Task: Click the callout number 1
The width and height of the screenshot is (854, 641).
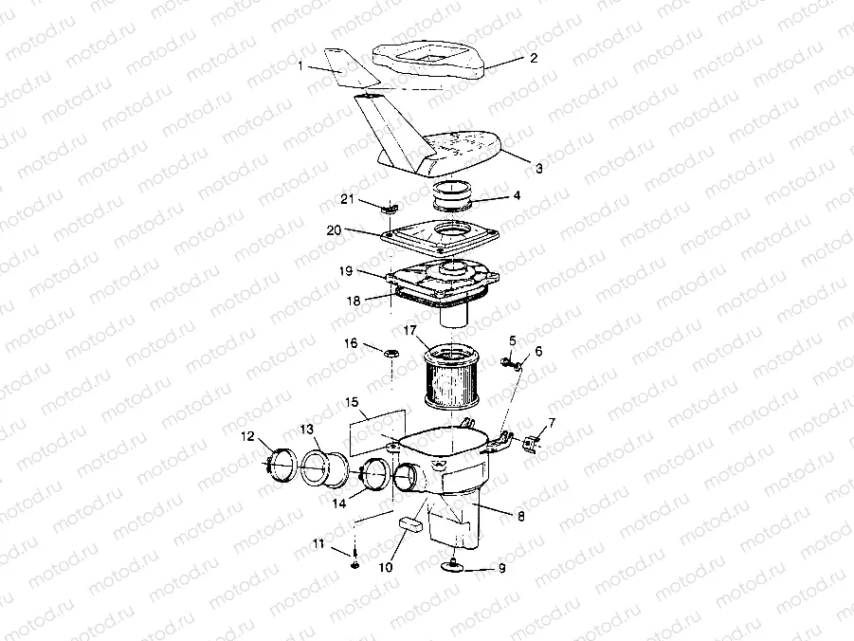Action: pos(300,66)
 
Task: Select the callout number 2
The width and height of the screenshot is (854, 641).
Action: pos(533,58)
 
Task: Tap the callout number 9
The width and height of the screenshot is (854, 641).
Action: pos(501,570)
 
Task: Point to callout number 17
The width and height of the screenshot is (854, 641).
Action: pos(410,331)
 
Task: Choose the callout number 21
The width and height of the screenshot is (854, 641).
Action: pos(348,198)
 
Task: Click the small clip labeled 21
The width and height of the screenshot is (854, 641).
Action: pos(389,206)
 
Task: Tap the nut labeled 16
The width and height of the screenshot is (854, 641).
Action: pos(390,354)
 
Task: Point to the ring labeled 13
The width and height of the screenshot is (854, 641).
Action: pos(323,467)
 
